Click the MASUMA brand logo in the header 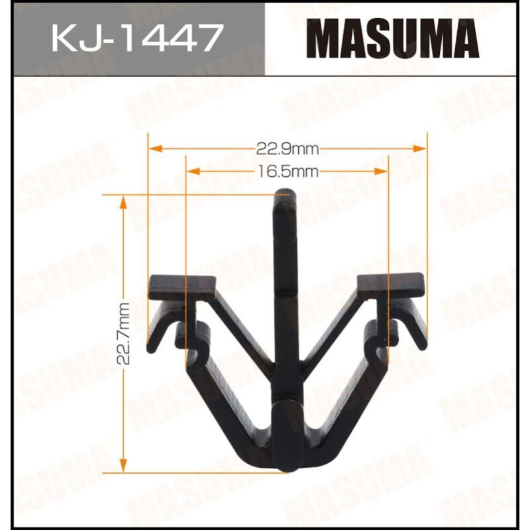click(x=396, y=38)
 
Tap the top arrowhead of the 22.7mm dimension click(x=123, y=201)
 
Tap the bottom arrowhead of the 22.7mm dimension click(x=123, y=466)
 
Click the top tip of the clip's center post click(x=285, y=196)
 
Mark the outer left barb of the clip click(x=157, y=328)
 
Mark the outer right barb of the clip click(x=416, y=328)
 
